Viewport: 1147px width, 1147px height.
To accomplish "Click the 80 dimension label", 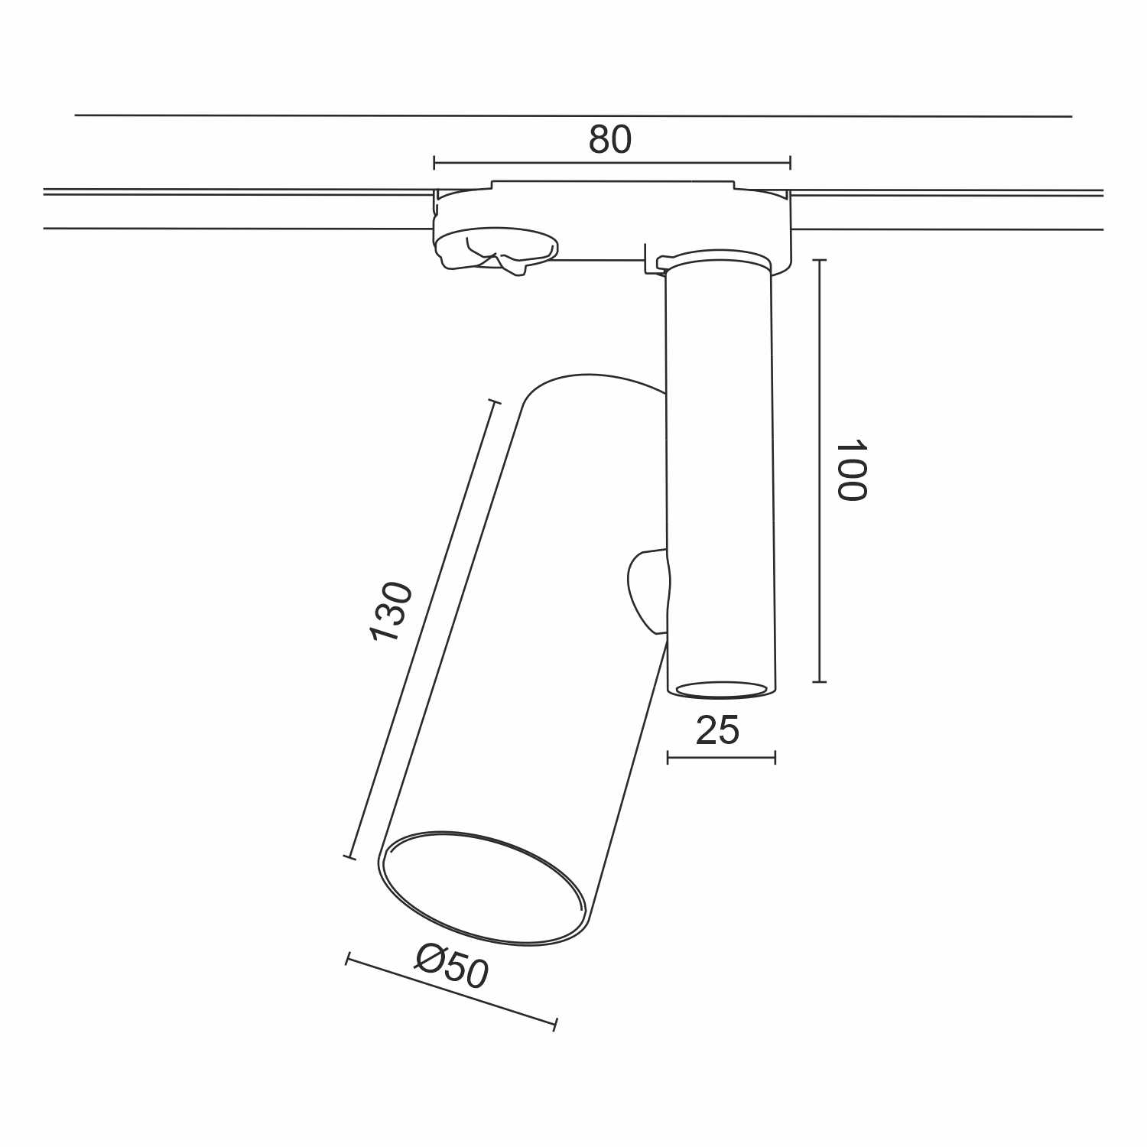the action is click(x=610, y=140).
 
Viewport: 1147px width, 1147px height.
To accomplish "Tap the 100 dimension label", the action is click(x=850, y=470).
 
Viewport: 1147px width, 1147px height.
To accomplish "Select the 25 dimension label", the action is click(x=718, y=730).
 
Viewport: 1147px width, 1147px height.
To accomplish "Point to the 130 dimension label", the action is click(x=391, y=612).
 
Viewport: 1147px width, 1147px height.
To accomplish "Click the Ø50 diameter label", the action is click(x=452, y=966).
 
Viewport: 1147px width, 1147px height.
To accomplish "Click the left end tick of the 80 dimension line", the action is click(x=434, y=162).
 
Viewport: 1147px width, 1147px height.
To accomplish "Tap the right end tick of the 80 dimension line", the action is click(x=790, y=162).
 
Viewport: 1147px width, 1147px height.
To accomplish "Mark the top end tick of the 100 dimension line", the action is click(x=819, y=261).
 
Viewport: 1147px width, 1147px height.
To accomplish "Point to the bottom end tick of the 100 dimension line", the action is click(x=819, y=681).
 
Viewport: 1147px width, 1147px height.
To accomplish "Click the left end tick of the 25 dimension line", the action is click(x=668, y=758).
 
